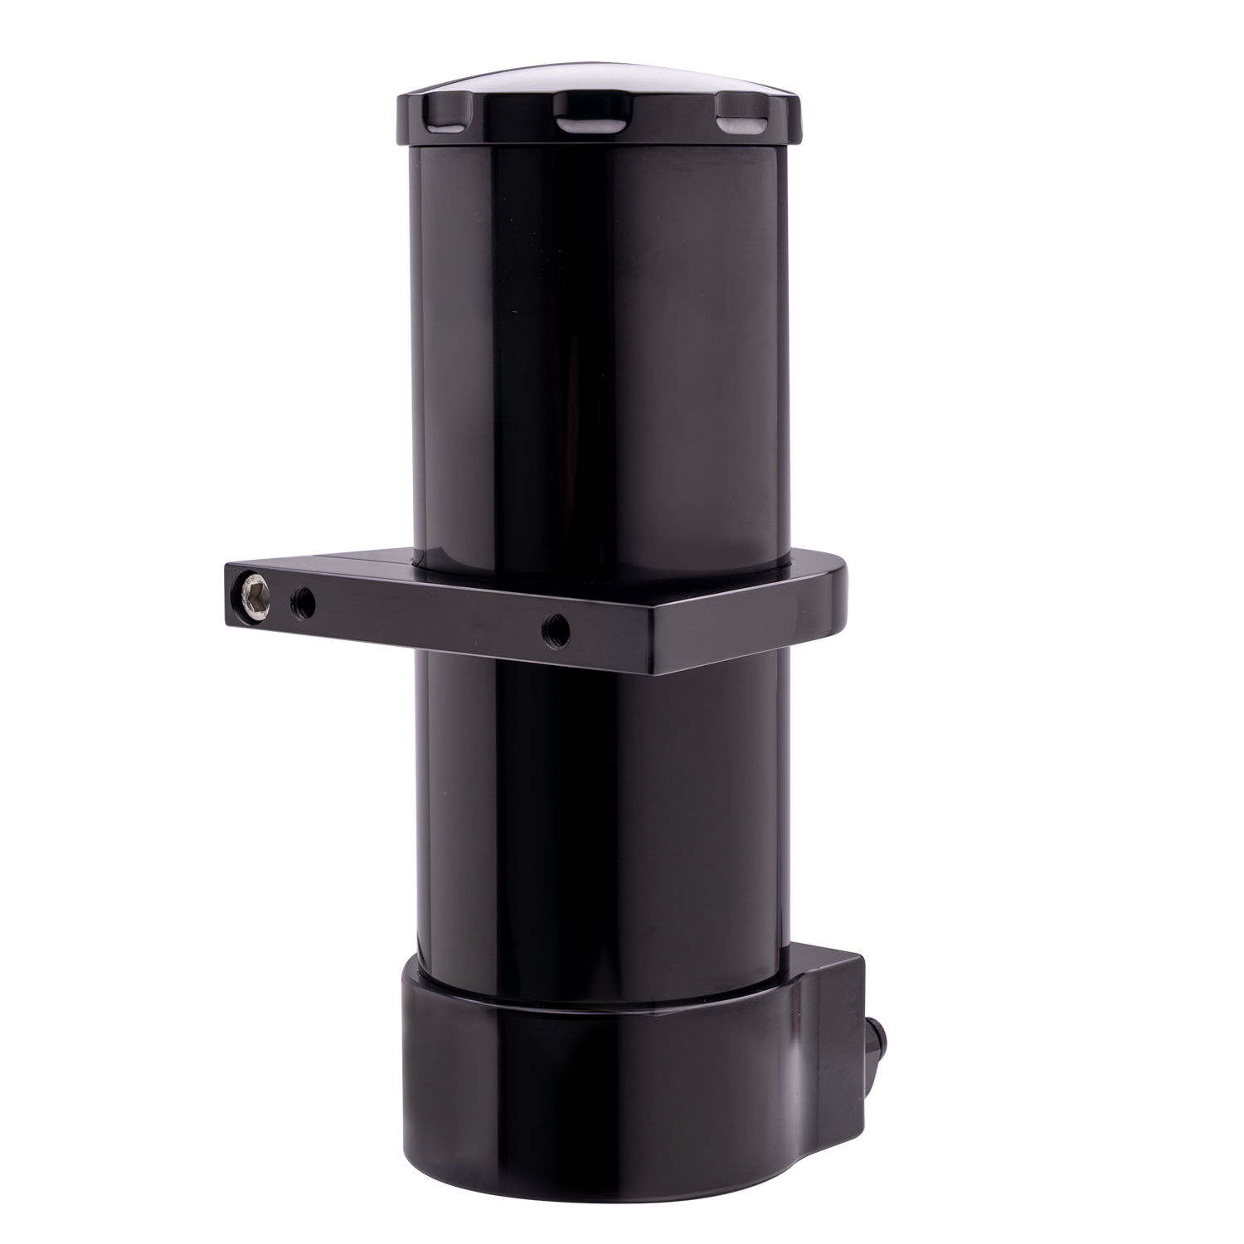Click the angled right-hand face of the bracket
click(x=746, y=630)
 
